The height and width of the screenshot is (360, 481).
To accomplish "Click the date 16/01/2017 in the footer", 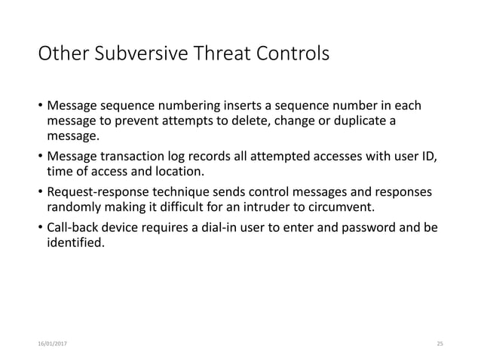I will (x=51, y=343).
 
